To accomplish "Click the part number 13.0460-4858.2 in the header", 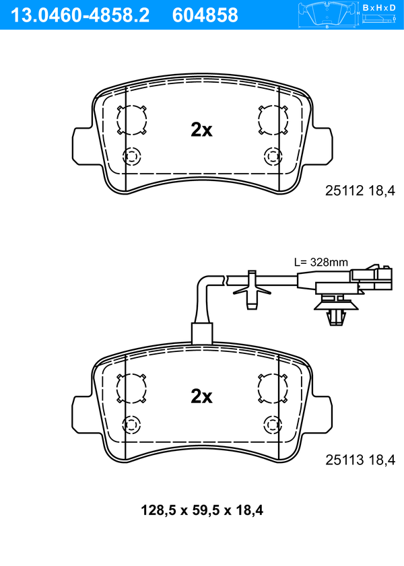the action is click(80, 15).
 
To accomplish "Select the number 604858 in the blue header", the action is click(205, 15).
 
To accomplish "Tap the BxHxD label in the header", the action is click(379, 7).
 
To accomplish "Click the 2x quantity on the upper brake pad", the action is click(201, 130).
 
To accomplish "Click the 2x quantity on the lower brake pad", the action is click(201, 396).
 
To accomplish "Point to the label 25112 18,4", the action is click(360, 190).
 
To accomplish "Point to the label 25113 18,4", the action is click(360, 460).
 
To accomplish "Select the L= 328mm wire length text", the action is click(321, 262).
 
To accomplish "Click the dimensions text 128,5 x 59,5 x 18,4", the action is click(202, 510).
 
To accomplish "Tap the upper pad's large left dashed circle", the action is click(117, 120).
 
